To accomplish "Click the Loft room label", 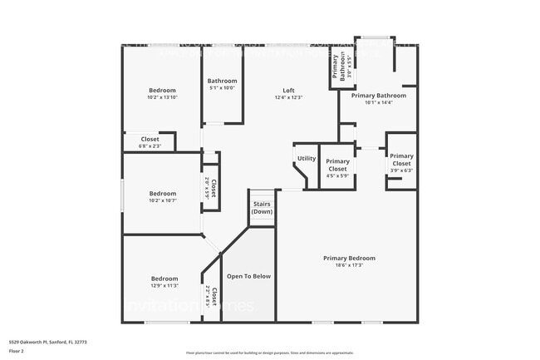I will pos(288,91).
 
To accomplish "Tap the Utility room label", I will pos(307,158).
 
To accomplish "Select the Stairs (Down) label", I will pos(262,208).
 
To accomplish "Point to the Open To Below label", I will pos(249,276).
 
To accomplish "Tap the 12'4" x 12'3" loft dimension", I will pos(288,97).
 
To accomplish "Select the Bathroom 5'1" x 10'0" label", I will pos(222,84).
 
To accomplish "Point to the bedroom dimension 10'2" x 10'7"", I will pos(163,200).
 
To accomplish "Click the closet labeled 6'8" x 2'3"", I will pos(150,142).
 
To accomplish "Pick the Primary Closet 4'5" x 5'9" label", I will pos(337,165).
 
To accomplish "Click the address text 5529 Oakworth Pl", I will pos(48,341).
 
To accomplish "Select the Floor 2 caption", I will pos(17,351).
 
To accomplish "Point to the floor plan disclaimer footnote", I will pos(269,353).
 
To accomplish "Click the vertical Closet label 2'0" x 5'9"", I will pos(211,187).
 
